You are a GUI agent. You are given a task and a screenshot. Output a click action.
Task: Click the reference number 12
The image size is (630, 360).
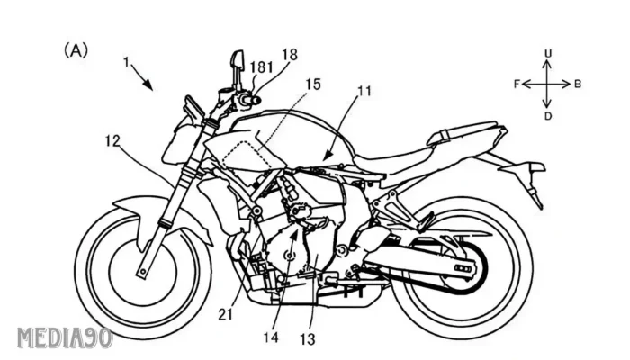[x=112, y=141]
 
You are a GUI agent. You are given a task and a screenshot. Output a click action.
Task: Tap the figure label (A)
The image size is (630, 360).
[x=75, y=49]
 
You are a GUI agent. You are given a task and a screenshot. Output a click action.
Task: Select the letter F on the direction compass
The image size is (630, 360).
[x=517, y=85]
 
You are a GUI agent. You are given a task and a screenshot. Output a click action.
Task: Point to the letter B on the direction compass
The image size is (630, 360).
[x=578, y=85]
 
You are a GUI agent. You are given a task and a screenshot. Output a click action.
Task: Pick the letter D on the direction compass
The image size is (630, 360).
[x=548, y=115]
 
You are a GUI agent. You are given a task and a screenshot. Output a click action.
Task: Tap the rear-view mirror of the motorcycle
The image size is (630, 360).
[x=238, y=60]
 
